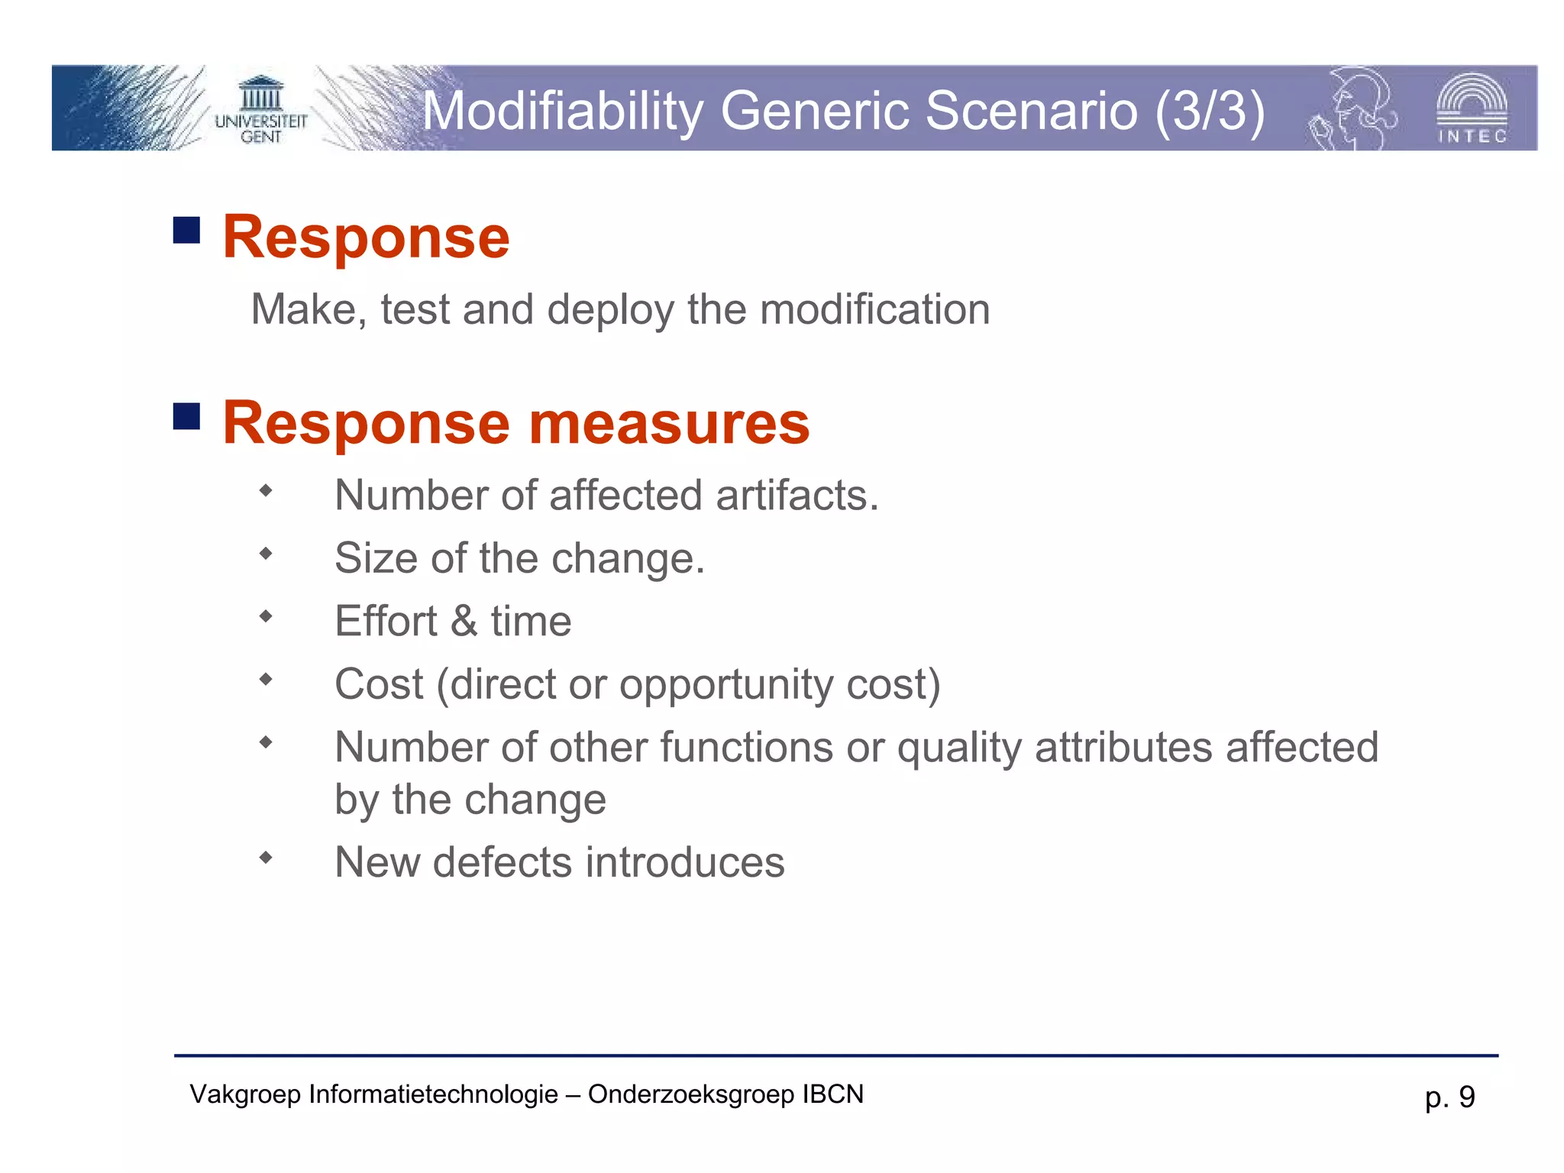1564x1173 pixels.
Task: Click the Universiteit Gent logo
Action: pos(260,111)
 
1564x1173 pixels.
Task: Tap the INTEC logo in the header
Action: pos(1472,108)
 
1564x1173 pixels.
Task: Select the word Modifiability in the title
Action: pos(562,111)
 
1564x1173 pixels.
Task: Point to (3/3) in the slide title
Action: pos(1210,111)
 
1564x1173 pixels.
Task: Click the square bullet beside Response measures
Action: pos(186,417)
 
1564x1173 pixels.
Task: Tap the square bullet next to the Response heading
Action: pos(186,230)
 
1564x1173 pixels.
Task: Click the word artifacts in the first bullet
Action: pos(797,496)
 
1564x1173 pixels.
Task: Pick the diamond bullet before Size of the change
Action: pos(266,554)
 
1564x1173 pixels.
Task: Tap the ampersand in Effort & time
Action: pos(464,621)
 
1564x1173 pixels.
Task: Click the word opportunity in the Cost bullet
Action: pos(725,685)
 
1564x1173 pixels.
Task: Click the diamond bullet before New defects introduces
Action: pos(266,858)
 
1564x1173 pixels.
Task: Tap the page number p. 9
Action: pos(1449,1097)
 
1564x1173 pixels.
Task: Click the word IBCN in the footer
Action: pos(832,1094)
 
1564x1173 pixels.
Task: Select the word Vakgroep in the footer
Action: pos(245,1095)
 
